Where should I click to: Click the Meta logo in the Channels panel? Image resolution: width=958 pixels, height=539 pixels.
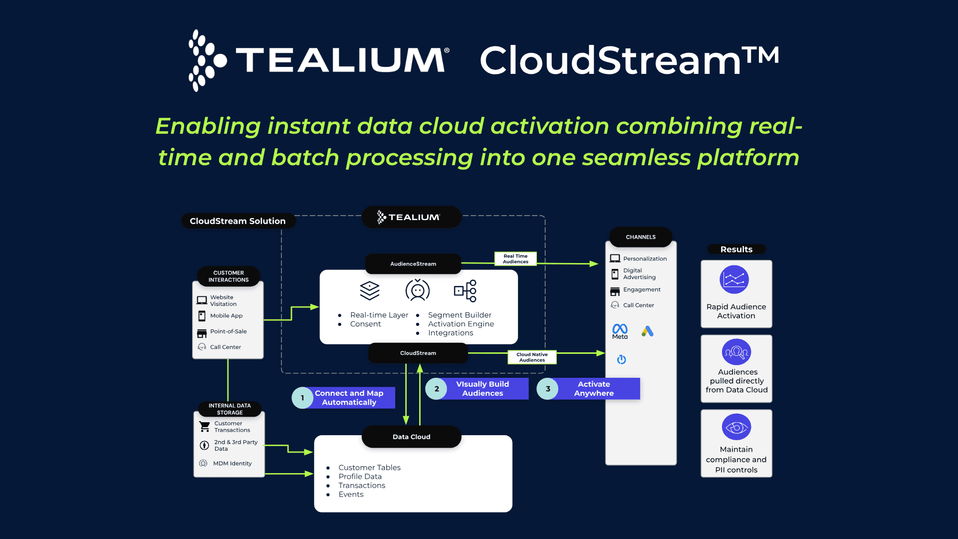click(620, 331)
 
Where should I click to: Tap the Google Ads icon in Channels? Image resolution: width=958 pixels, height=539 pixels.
click(647, 331)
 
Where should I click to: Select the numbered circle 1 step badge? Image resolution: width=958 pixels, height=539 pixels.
click(302, 398)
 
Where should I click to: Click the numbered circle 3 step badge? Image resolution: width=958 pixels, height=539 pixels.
click(548, 389)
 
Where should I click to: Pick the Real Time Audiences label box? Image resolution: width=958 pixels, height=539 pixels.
click(515, 259)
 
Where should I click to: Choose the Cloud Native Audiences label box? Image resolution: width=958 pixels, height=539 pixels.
click(532, 357)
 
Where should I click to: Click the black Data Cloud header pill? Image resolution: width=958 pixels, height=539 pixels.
click(411, 437)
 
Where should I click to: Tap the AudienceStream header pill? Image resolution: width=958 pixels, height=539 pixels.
click(413, 264)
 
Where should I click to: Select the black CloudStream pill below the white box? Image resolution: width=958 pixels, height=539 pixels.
click(418, 353)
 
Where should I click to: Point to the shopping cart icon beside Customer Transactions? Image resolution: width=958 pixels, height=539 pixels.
click(205, 427)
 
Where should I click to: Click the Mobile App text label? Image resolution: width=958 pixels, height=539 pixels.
click(226, 315)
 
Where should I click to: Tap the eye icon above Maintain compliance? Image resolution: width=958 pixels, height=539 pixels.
click(736, 427)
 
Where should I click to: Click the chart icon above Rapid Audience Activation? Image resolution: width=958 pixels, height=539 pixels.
click(734, 279)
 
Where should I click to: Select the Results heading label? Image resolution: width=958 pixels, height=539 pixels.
click(736, 249)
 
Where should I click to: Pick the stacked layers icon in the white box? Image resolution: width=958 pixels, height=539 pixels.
click(370, 290)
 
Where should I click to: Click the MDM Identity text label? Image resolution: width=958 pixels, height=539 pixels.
click(232, 463)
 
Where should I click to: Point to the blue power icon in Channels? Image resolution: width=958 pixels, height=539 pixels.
click(621, 359)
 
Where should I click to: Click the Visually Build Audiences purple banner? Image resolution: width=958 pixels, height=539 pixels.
click(482, 389)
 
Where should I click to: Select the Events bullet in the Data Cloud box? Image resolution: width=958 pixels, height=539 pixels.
click(351, 494)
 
